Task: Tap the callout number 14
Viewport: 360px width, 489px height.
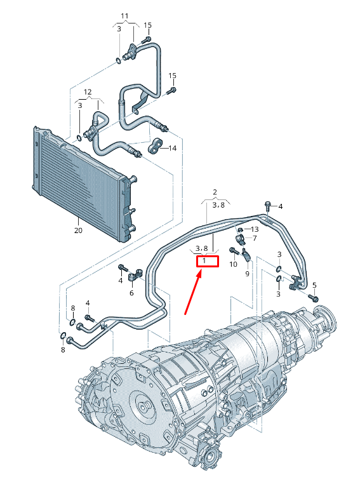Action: coord(172,148)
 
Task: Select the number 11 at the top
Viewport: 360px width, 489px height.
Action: coord(124,15)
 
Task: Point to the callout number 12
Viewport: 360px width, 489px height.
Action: coord(88,92)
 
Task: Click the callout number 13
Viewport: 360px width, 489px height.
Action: coord(254,229)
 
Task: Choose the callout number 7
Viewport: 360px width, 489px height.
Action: coord(254,238)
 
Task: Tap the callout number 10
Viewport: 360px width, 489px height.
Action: coord(233,264)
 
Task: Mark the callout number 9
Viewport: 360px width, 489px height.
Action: coord(248,274)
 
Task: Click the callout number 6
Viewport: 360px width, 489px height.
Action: coord(131,293)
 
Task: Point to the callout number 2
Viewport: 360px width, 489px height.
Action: coord(215,192)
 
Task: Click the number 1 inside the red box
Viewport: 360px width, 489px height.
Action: coord(204,261)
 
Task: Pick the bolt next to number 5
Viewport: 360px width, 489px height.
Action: coord(312,297)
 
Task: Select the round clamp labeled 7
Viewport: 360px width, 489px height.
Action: coord(241,239)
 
